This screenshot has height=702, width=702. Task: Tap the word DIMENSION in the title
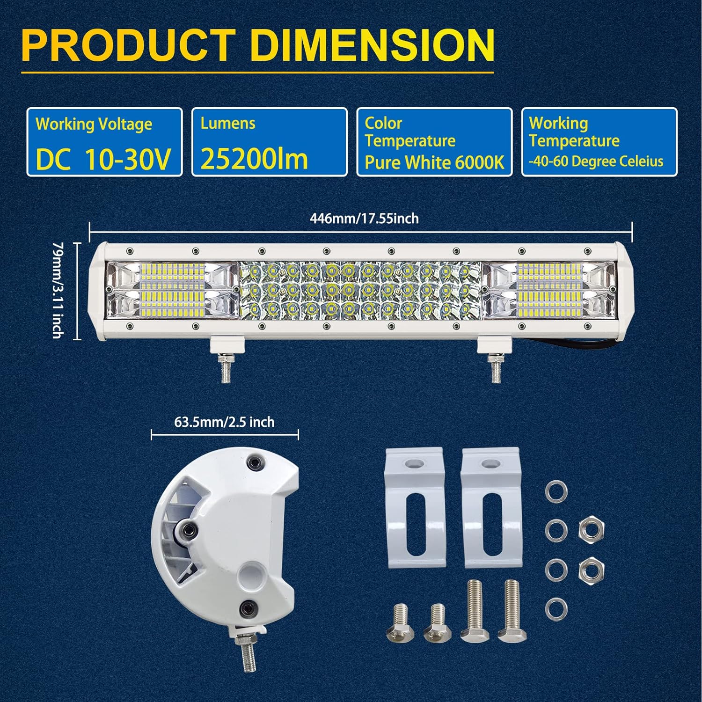(373, 45)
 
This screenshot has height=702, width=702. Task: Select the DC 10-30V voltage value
(103, 160)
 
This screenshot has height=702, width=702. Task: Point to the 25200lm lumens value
(254, 159)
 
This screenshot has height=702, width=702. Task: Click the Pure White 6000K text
(434, 162)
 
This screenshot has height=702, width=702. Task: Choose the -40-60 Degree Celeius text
(596, 161)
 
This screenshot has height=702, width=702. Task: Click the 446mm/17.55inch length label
(364, 219)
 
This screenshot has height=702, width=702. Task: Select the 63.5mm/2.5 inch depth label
(225, 422)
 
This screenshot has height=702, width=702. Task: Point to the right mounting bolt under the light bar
(494, 369)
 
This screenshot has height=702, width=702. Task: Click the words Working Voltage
(94, 124)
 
